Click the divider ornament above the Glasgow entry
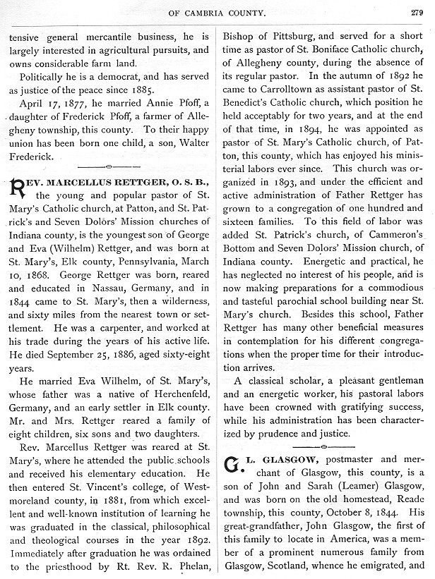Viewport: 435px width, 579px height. [323, 446]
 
